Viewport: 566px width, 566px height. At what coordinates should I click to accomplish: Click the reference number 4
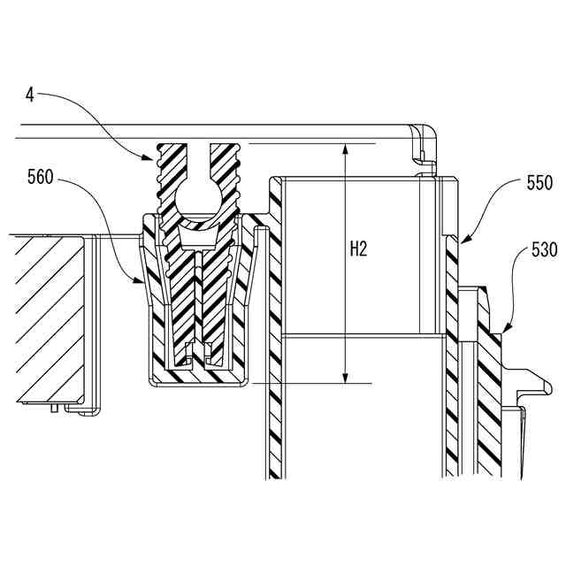pos(29,92)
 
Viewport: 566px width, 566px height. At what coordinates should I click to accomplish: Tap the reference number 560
pos(40,177)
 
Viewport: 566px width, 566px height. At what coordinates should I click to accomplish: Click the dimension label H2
pos(358,249)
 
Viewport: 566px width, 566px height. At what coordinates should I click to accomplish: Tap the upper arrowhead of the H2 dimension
pos(343,148)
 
